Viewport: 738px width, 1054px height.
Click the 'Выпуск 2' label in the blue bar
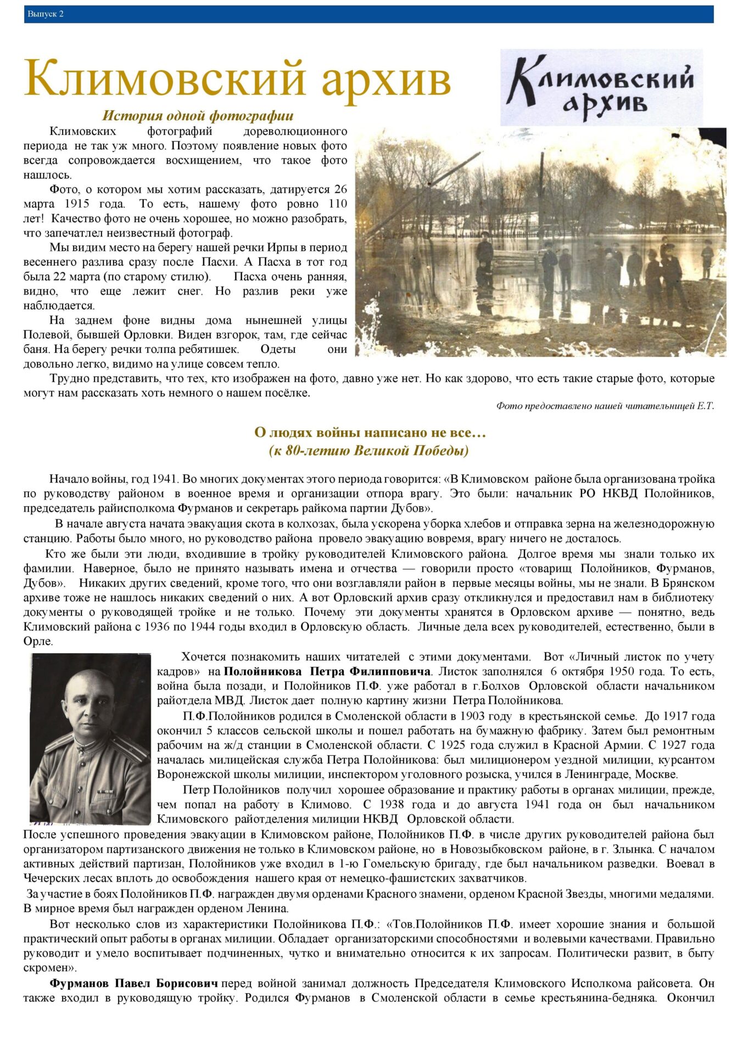pos(46,14)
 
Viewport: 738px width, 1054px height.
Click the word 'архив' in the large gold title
pos(385,79)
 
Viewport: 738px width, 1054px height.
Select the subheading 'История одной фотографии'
pos(198,115)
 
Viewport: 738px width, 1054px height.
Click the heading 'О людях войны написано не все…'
pos(370,433)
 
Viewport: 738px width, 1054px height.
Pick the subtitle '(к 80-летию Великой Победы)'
pos(369,451)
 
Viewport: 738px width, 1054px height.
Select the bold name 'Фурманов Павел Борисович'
pos(134,983)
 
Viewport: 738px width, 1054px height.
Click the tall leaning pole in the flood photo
pos(434,181)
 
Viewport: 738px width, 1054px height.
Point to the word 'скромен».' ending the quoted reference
pos(51,968)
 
